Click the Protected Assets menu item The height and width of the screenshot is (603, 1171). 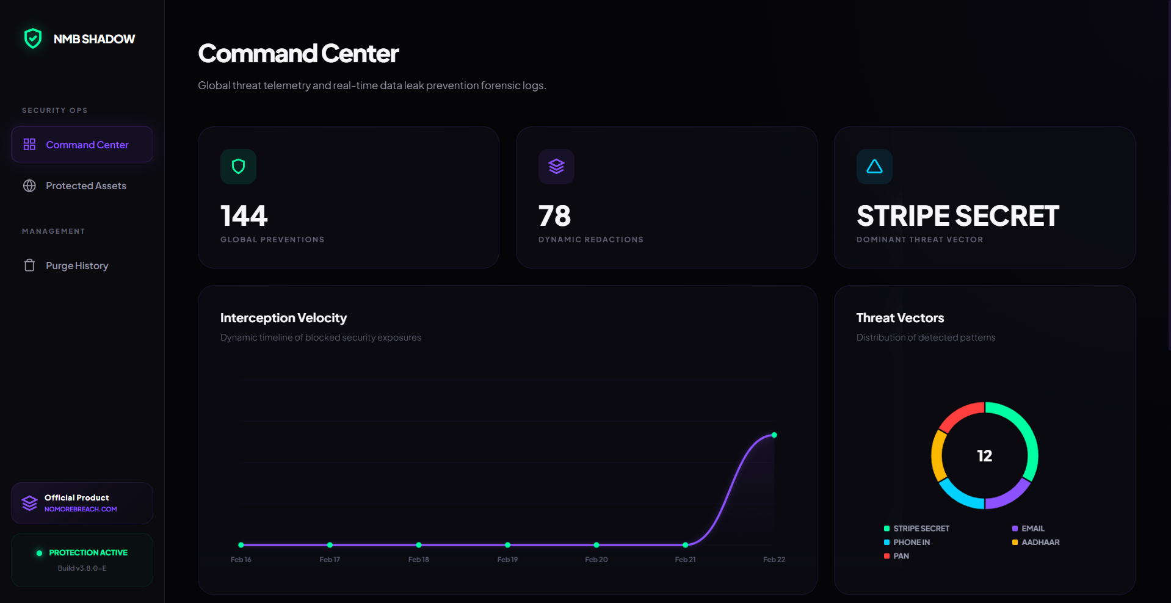pyautogui.click(x=85, y=186)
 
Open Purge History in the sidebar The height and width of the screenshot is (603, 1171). pyautogui.click(x=77, y=265)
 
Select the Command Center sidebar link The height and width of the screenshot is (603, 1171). pyautogui.click(x=87, y=145)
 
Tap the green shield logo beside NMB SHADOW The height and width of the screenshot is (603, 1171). pyautogui.click(x=33, y=38)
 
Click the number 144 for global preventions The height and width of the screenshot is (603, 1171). pyautogui.click(x=244, y=216)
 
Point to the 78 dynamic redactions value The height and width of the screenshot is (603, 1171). pyautogui.click(x=554, y=216)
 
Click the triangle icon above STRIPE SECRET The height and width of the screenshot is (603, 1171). pyautogui.click(x=874, y=167)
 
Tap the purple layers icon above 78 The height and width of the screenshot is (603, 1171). pyautogui.click(x=556, y=167)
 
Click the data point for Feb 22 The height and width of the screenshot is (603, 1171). pyautogui.click(x=774, y=435)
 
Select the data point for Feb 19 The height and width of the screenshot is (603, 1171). pyautogui.click(x=507, y=545)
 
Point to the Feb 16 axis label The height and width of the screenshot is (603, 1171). pyautogui.click(x=241, y=560)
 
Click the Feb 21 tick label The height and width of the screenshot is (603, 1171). pyautogui.click(x=685, y=560)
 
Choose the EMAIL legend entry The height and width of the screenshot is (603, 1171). pyautogui.click(x=1032, y=529)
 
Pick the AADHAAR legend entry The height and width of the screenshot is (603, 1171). pyautogui.click(x=1040, y=543)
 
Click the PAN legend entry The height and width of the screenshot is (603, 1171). pyautogui.click(x=901, y=556)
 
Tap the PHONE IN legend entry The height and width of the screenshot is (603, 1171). pyautogui.click(x=911, y=543)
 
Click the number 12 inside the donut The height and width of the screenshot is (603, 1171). pyautogui.click(x=984, y=456)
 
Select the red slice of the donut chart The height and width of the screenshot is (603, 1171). pyautogui.click(x=959, y=413)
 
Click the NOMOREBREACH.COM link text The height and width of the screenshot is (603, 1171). pyautogui.click(x=81, y=509)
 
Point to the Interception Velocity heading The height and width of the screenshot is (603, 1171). pyautogui.click(x=283, y=318)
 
